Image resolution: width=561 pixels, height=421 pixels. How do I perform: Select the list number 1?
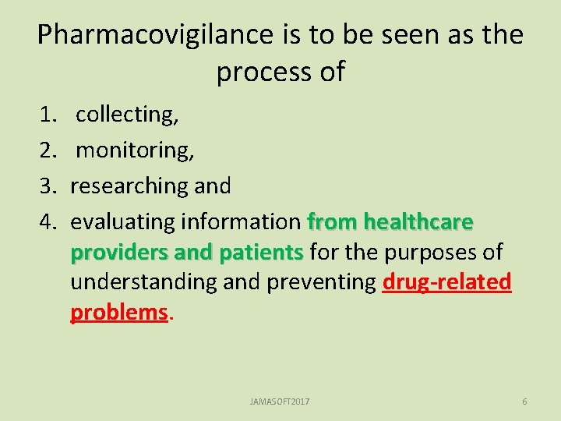pos(48,115)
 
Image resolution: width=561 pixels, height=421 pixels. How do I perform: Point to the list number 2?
pos(48,150)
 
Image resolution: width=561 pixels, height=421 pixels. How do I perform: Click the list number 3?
pos(48,186)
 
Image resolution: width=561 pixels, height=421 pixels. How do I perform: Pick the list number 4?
pos(48,221)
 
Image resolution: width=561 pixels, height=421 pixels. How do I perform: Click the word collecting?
pos(127,115)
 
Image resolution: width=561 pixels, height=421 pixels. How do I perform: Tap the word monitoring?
pos(135,150)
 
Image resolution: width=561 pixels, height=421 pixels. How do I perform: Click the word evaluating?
pos(122,221)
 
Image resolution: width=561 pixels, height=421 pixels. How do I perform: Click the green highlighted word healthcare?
pos(418,221)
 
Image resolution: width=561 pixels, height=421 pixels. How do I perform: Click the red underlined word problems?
pos(118,312)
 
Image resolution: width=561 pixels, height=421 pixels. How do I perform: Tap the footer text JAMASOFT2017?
pos(280,401)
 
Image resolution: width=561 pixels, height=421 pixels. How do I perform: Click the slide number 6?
pos(524,401)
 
